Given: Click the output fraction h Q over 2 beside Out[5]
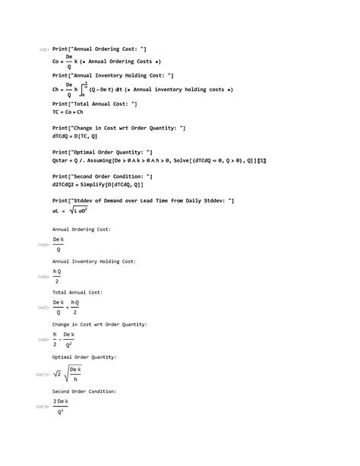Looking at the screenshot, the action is point(57,276).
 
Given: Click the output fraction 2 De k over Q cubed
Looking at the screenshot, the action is point(61,407).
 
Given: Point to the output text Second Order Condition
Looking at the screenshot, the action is point(84,391).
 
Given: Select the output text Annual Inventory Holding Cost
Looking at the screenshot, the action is point(94,261).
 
